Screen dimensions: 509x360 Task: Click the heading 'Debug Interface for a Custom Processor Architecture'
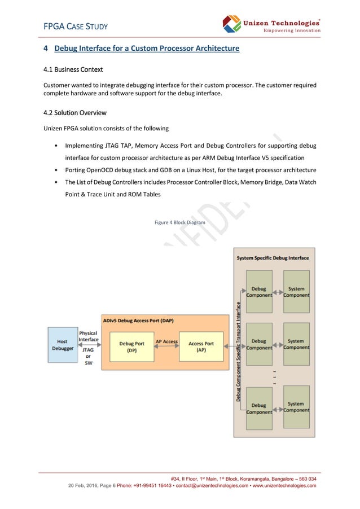click(147, 49)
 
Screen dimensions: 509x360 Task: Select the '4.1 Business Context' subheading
click(73, 70)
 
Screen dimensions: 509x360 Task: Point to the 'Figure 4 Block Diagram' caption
click(180, 222)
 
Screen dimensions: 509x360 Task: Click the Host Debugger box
click(62, 345)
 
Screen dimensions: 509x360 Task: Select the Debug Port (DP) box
click(131, 346)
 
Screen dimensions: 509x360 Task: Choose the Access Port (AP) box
click(201, 346)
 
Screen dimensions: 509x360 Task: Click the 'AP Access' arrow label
click(166, 341)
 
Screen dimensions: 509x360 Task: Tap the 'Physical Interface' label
click(88, 336)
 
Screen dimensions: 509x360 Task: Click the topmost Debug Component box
click(259, 292)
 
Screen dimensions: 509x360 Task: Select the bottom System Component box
click(296, 407)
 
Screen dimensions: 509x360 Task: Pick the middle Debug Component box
click(259, 344)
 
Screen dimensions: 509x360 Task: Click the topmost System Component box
click(296, 292)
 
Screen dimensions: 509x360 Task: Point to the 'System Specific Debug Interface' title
click(273, 258)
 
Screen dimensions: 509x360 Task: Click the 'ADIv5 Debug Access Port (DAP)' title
click(138, 321)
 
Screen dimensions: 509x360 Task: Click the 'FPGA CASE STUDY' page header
click(76, 27)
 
